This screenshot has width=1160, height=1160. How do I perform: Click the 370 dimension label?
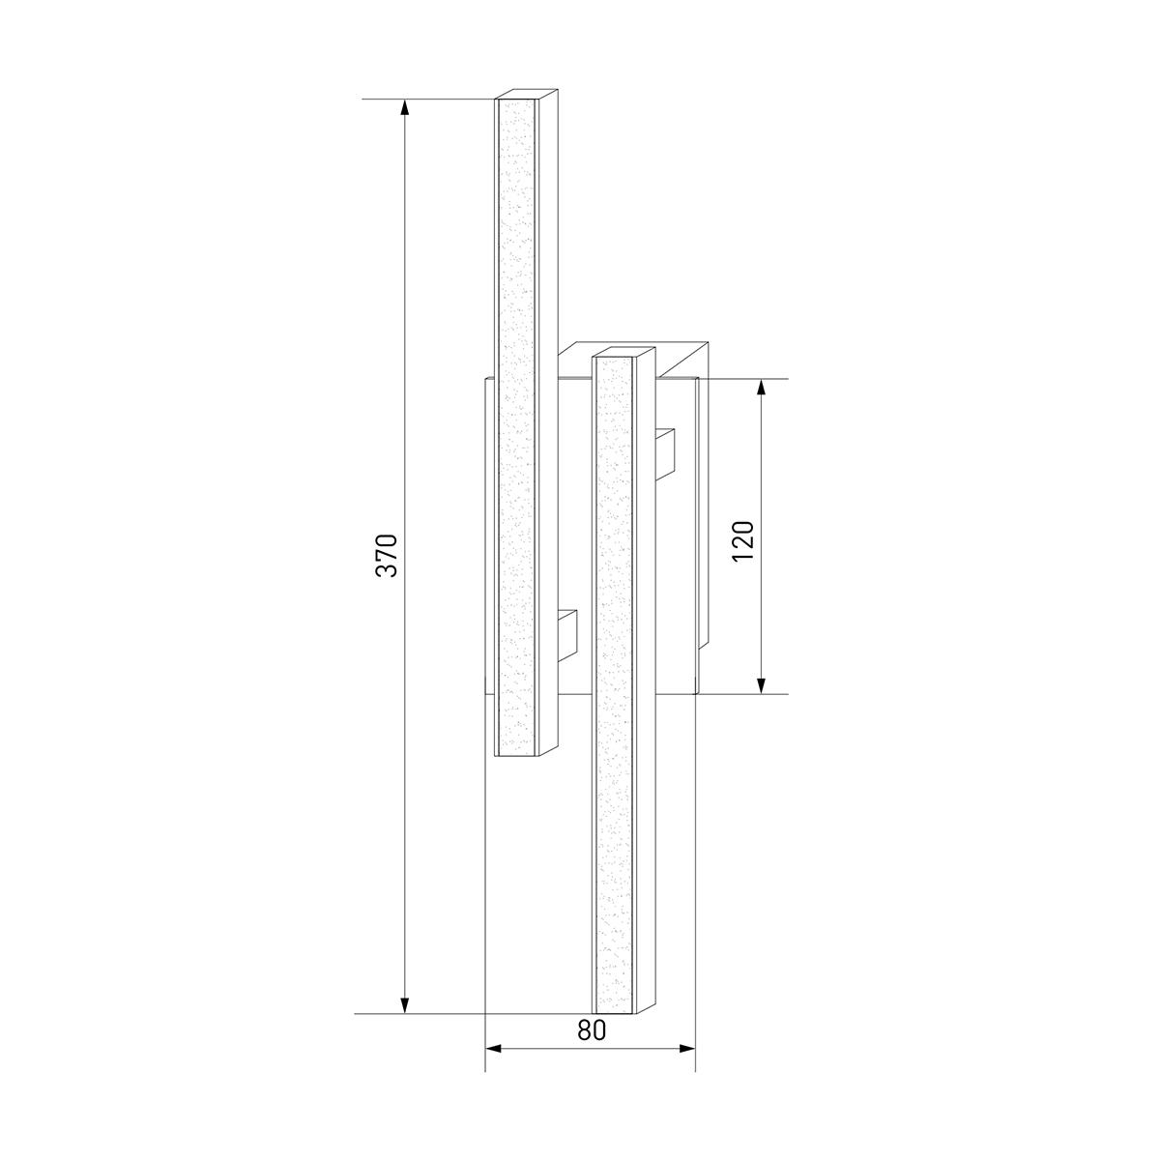387,555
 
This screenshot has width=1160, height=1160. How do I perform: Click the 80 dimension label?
592,1029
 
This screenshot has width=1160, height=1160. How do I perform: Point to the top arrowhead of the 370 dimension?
404,107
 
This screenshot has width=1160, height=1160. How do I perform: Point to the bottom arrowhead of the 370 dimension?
404,1004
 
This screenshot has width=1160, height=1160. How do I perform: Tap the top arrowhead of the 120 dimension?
762,388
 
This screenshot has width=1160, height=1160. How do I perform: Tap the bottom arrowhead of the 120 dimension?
762,685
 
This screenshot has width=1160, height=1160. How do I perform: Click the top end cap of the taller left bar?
527,94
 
